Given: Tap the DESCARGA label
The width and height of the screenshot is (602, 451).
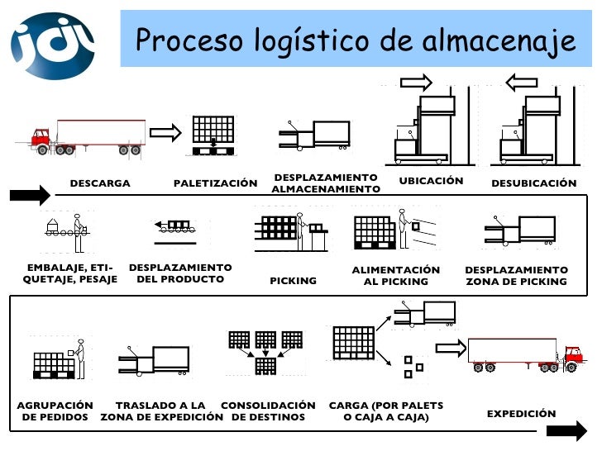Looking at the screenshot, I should [100, 183].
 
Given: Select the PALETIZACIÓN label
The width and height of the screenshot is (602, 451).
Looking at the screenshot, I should [215, 183].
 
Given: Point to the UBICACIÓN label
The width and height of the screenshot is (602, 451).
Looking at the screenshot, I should [431, 180].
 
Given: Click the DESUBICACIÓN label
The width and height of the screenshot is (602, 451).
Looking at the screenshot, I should [533, 183].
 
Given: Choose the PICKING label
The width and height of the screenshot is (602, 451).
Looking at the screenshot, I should [294, 281].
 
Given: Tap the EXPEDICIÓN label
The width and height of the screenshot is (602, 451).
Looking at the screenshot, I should [521, 414].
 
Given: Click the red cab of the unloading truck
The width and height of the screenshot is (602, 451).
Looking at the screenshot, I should [41, 140].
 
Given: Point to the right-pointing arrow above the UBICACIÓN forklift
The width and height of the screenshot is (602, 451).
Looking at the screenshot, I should [416, 82].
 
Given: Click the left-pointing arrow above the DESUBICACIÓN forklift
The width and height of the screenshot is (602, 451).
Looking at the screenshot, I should [522, 82].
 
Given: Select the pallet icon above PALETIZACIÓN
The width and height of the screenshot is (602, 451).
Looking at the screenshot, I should [213, 135].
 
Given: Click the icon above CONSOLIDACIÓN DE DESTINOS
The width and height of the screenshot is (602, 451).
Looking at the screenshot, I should [265, 352].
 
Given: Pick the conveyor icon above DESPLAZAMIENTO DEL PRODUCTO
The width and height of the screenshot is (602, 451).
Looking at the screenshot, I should [176, 229].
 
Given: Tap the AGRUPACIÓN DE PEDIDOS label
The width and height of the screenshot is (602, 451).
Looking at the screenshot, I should [55, 411].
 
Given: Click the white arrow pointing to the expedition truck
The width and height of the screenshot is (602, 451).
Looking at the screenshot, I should [451, 348].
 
